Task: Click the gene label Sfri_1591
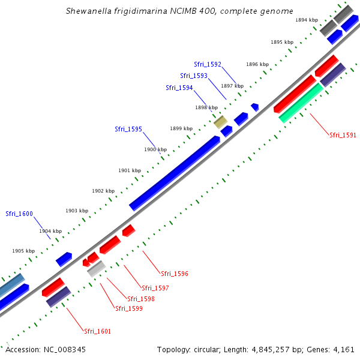point(343,135)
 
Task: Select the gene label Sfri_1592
point(208,64)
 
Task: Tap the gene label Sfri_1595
point(128,129)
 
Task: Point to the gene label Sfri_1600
point(19,214)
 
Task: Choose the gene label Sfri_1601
point(97,331)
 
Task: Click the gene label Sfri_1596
point(175,274)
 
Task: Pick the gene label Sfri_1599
point(128,308)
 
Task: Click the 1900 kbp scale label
point(155,149)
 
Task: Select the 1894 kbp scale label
point(307,20)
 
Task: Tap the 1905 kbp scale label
point(23,251)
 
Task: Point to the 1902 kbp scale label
point(103,191)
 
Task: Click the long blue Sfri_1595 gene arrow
point(175,173)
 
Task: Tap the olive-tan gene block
point(221,122)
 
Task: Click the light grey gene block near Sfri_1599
point(97,268)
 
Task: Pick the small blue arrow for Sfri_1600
point(64,259)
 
